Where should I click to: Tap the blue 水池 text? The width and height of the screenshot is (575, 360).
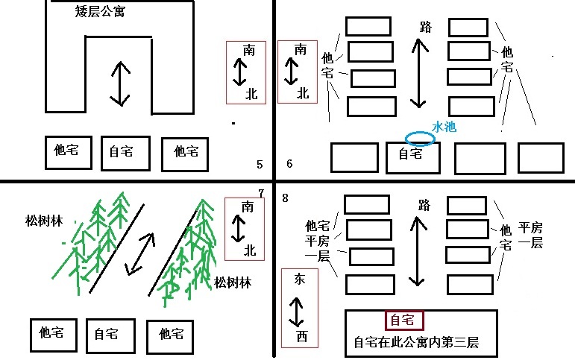pyautogui.click(x=444, y=127)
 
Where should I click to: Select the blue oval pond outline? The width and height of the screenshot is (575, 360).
pyautogui.click(x=420, y=138)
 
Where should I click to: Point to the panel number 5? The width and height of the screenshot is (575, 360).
pyautogui.click(x=259, y=165)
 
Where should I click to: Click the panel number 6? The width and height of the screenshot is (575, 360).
pyautogui.click(x=289, y=165)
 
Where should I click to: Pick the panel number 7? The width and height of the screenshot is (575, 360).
pyautogui.click(x=261, y=194)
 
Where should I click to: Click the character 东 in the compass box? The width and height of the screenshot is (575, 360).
pyautogui.click(x=300, y=280)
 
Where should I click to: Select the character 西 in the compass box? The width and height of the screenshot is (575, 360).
pyautogui.click(x=301, y=337)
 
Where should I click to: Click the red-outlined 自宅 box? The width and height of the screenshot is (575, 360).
pyautogui.click(x=403, y=320)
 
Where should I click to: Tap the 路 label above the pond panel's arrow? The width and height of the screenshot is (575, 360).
pyautogui.click(x=426, y=28)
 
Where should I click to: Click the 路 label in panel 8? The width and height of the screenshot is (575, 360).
pyautogui.click(x=424, y=205)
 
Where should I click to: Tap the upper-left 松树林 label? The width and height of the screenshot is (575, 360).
pyautogui.click(x=43, y=221)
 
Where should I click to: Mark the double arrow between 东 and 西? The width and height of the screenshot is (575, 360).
pyautogui.click(x=298, y=309)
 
